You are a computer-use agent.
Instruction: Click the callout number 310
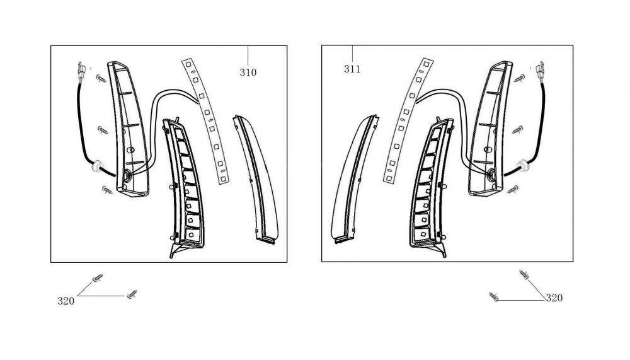tap(248, 73)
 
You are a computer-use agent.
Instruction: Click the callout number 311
tap(352, 69)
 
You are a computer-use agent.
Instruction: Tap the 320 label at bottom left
tap(66, 301)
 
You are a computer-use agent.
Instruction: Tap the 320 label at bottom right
tap(554, 298)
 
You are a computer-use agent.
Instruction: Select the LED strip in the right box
tap(406, 120)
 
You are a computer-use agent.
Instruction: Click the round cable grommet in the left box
tap(97, 167)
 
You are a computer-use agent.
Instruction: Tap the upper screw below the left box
tap(98, 278)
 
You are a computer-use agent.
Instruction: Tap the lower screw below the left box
tap(132, 294)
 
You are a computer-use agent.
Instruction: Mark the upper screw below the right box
tap(524, 274)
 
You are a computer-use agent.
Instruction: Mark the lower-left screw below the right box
tap(495, 296)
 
